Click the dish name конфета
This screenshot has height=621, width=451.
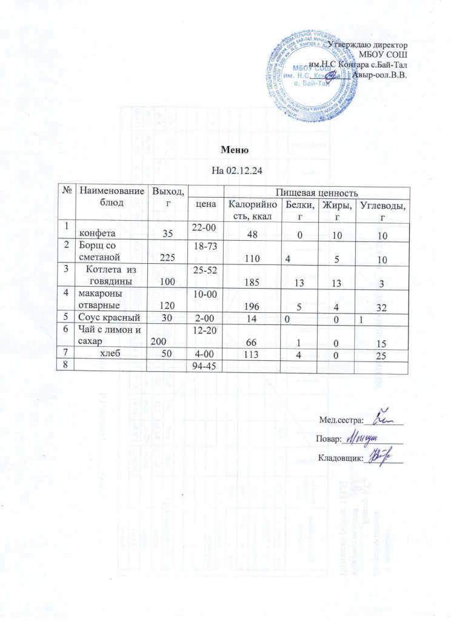click(100, 232)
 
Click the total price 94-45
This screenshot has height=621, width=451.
click(205, 366)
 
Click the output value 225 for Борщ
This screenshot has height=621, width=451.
click(164, 257)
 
